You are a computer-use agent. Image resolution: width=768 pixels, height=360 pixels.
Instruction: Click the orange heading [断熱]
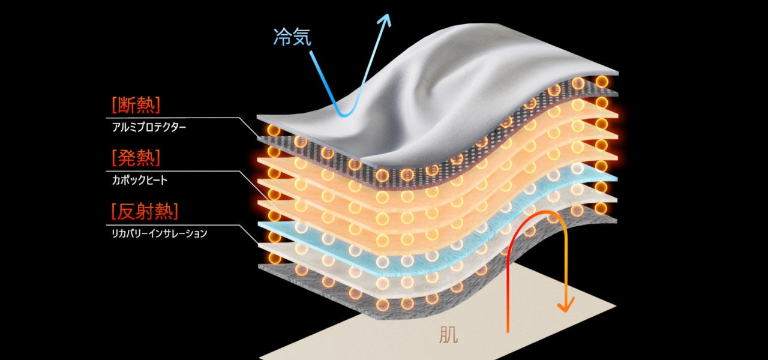tap(136, 106)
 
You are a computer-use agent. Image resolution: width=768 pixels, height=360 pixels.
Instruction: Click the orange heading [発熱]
tap(136, 158)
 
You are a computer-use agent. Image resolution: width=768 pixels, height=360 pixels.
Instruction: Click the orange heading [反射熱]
tap(145, 211)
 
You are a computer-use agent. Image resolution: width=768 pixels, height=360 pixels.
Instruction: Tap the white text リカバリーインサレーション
tap(159, 233)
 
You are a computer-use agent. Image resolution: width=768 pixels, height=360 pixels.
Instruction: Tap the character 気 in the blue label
tap(302, 37)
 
